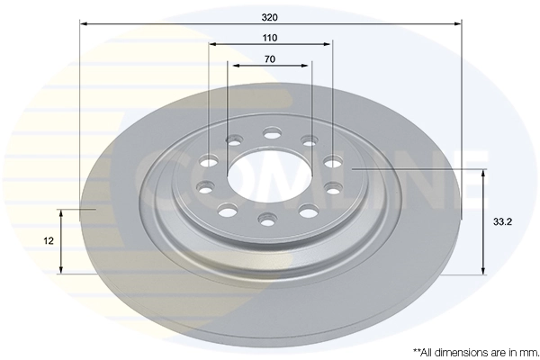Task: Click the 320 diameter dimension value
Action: click(x=270, y=16)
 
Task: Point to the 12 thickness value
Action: click(x=49, y=241)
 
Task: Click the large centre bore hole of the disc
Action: click(x=269, y=176)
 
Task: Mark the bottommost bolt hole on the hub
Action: click(x=267, y=219)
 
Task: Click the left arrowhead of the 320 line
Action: click(x=83, y=24)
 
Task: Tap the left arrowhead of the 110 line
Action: click(x=211, y=44)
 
